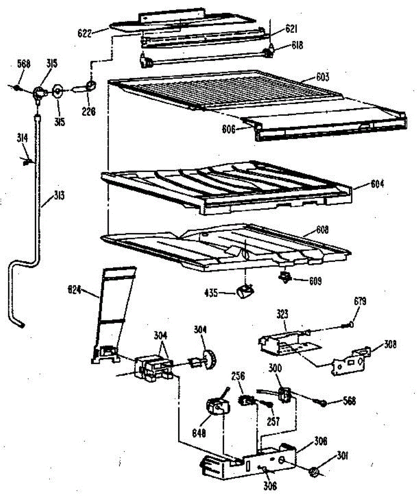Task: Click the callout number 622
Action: (84, 33)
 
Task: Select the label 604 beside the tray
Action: (376, 183)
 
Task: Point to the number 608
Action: (322, 229)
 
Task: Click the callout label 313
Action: (59, 196)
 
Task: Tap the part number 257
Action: (273, 421)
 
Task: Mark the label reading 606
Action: (227, 130)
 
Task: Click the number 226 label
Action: (88, 110)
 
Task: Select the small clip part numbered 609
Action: (285, 278)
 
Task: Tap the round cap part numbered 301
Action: (315, 471)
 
